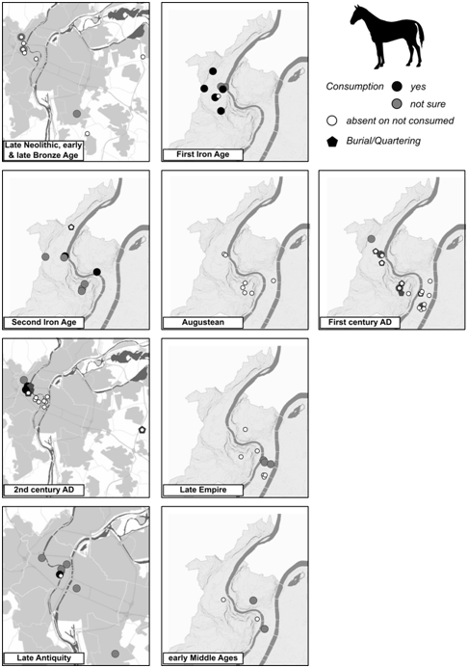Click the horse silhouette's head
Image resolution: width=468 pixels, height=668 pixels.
click(x=356, y=16)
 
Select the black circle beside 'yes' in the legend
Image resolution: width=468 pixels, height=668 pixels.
click(x=397, y=87)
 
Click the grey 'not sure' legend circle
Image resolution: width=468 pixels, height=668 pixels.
click(x=397, y=103)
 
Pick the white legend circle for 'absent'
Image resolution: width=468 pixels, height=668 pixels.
click(x=332, y=121)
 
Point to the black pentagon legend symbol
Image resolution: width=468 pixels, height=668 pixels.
click(x=332, y=142)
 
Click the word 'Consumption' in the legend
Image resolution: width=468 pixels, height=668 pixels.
click(x=354, y=87)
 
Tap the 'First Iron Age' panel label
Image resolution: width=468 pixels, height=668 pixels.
click(x=202, y=154)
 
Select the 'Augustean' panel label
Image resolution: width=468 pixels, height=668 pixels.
click(x=202, y=323)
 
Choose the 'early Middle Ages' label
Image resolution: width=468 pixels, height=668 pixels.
click(x=202, y=658)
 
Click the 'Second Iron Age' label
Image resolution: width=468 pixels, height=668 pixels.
click(x=44, y=323)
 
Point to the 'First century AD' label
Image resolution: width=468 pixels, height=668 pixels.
click(x=360, y=323)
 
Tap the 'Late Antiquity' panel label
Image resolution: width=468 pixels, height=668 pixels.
click(x=44, y=658)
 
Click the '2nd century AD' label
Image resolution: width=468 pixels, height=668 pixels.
click(x=44, y=490)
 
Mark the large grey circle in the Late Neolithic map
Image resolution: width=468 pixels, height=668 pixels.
click(x=77, y=114)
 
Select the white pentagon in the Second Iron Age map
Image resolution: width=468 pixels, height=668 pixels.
click(x=71, y=227)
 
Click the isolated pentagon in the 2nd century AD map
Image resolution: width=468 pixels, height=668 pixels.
click(x=143, y=430)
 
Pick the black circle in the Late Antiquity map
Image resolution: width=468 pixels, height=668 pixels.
click(x=61, y=574)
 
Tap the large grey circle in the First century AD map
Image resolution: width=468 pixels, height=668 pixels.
click(x=372, y=239)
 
